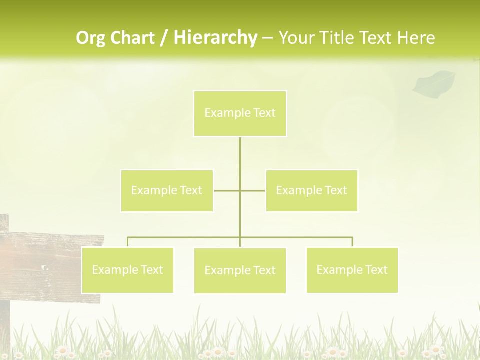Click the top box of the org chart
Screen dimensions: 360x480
240,113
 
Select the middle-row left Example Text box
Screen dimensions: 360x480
167,190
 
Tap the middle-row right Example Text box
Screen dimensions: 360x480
311,190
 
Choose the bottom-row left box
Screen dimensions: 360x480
127,270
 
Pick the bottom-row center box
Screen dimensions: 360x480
240,270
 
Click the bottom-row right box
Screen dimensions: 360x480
352,270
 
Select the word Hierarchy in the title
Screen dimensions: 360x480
215,38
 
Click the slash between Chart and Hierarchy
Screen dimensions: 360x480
164,38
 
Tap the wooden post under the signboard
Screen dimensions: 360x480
4,325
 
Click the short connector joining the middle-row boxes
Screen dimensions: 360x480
227,190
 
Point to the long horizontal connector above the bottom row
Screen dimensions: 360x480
300,237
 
